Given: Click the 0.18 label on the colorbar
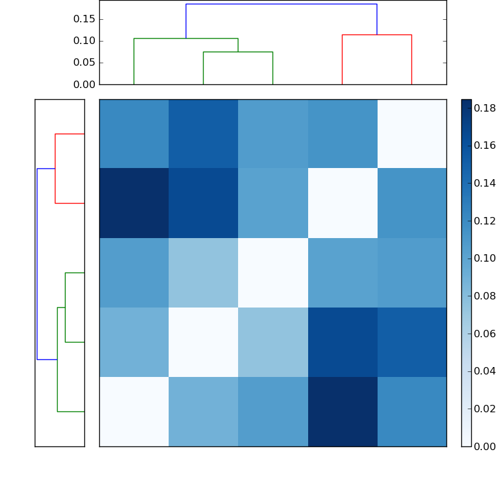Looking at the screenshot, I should tap(485, 108).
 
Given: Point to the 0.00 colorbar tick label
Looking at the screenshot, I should tap(485, 446).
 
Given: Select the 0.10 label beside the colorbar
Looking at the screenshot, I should tap(485, 259).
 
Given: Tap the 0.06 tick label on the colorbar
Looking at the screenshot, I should tap(485, 334).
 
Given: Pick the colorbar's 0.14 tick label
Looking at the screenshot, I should tap(485, 184).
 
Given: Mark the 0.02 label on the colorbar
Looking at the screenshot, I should tap(485, 409).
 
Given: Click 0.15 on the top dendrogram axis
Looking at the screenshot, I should tap(84, 19).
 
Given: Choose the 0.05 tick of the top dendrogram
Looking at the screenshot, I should tap(84, 63).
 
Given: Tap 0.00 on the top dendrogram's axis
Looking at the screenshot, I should tap(84, 84).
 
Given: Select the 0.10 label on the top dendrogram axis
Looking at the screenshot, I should tap(84, 41).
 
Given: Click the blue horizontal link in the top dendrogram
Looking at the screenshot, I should tap(281, 4).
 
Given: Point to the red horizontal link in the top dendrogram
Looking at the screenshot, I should tap(377, 35).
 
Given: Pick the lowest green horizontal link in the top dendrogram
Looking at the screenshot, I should tap(238, 52).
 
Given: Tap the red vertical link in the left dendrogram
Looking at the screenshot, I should tap(55, 169).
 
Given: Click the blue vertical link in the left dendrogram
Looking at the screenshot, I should tap(37, 264).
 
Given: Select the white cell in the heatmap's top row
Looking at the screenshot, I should tap(412, 134).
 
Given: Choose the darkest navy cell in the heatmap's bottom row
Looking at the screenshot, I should tap(342, 412).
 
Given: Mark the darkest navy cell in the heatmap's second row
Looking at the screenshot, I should tap(134, 203).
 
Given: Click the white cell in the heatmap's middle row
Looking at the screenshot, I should tap(273, 273).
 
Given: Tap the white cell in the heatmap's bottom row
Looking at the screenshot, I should tap(134, 412).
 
